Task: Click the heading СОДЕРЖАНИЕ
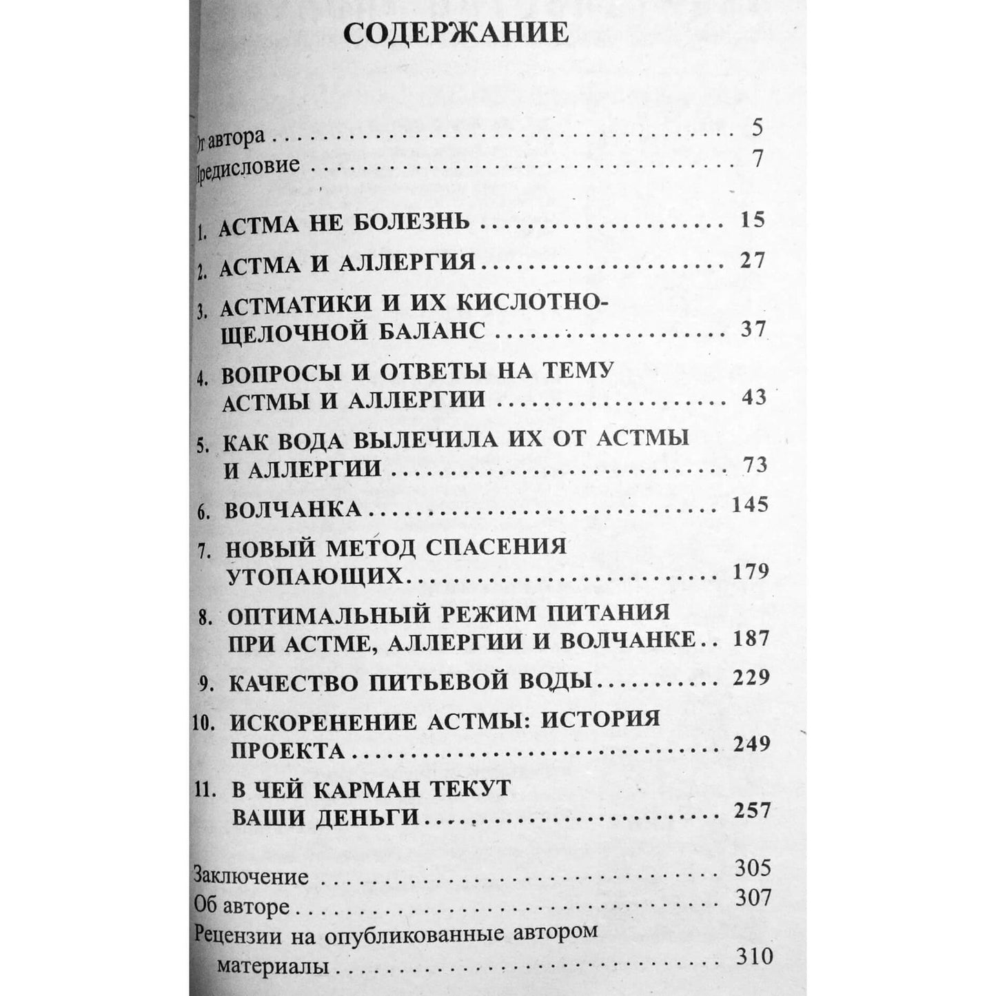point(456,34)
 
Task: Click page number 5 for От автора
point(758,128)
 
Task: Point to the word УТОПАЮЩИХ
point(314,575)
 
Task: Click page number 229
point(751,678)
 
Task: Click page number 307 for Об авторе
point(752,897)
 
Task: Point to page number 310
point(753,956)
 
